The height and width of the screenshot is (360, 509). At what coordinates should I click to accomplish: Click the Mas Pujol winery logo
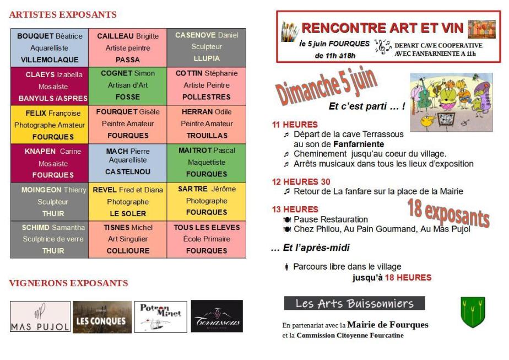[x=40, y=316]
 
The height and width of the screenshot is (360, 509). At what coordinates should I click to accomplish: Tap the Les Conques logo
[x=102, y=316]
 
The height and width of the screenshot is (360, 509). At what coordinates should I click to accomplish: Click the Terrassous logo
[x=216, y=316]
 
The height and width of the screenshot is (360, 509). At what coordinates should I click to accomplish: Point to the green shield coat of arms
[x=472, y=313]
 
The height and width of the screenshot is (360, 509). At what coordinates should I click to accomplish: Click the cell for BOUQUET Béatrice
[x=50, y=48]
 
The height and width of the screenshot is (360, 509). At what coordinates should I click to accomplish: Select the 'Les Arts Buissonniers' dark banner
[x=355, y=303]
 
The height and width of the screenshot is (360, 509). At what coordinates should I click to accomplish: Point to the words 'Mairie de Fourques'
[x=388, y=324]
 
